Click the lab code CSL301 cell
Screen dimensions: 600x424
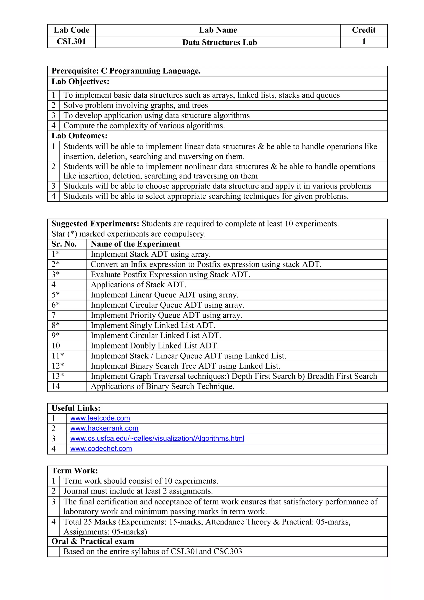(71, 42)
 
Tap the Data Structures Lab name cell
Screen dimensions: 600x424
(220, 42)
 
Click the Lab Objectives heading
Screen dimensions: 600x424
(80, 82)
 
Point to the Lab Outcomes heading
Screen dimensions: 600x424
(79, 136)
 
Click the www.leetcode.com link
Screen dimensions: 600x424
(100, 418)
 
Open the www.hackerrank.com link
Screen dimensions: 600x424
(104, 428)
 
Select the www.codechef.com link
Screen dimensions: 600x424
(101, 449)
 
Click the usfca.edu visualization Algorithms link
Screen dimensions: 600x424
(157, 439)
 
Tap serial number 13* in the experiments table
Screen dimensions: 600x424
(58, 376)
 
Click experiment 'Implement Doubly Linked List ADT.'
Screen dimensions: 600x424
(155, 346)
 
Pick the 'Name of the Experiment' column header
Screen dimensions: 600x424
(135, 244)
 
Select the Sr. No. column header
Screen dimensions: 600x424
(64, 244)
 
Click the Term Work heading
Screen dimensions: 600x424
(75, 471)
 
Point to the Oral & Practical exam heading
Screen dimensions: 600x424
(93, 541)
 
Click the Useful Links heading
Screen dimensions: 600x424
(76, 408)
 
